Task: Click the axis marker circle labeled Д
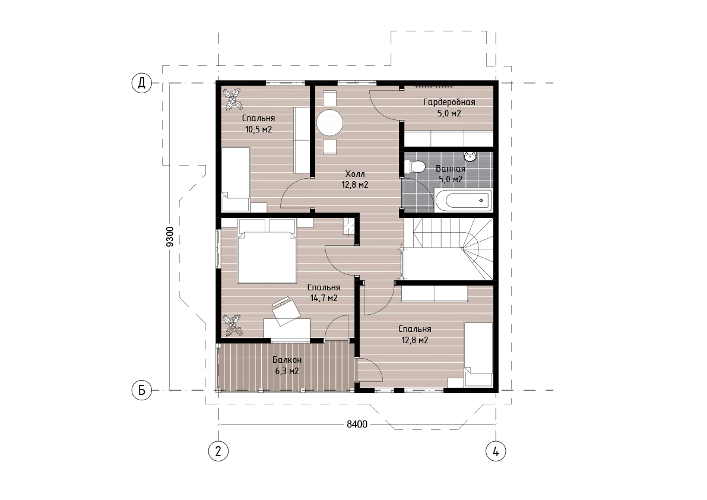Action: click(142, 83)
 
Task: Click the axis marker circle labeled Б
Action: click(142, 391)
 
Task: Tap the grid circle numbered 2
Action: click(218, 451)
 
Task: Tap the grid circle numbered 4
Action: click(496, 451)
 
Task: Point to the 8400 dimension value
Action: click(357, 424)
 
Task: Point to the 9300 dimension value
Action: click(170, 236)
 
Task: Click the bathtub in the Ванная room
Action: click(464, 200)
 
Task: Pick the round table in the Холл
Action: click(329, 122)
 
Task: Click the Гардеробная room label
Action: click(449, 102)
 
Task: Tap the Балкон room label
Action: click(287, 360)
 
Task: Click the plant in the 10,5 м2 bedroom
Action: click(233, 99)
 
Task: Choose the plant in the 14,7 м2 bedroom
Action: click(233, 325)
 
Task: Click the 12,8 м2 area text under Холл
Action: click(355, 185)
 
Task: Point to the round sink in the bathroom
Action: click(471, 157)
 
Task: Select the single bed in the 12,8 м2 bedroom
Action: click(478, 355)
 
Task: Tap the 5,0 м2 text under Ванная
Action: click(451, 179)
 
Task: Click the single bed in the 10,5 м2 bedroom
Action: click(236, 179)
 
